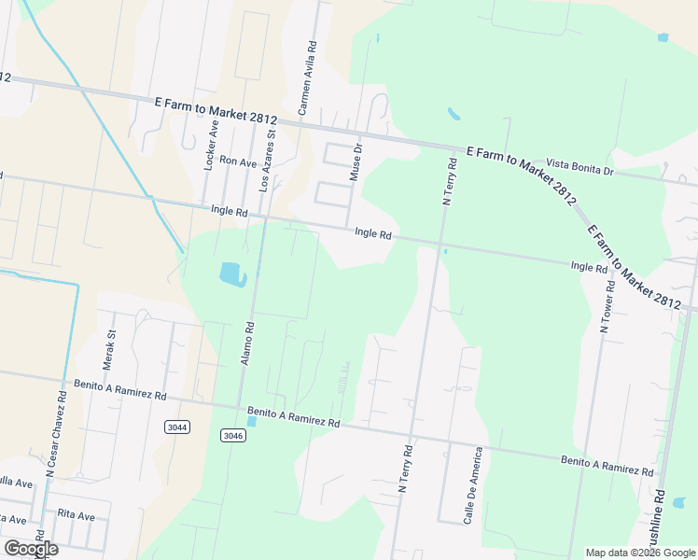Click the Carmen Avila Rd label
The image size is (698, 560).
point(306,77)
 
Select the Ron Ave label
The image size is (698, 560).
point(237,162)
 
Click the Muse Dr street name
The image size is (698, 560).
point(356,161)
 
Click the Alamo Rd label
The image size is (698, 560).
point(249,343)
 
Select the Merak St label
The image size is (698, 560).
point(109,346)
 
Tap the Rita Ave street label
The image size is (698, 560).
point(77,515)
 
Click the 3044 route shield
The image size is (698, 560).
point(176,427)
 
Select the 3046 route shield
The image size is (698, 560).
point(233,436)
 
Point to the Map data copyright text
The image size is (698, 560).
point(640,553)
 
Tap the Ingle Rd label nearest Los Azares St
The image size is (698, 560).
point(229,212)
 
